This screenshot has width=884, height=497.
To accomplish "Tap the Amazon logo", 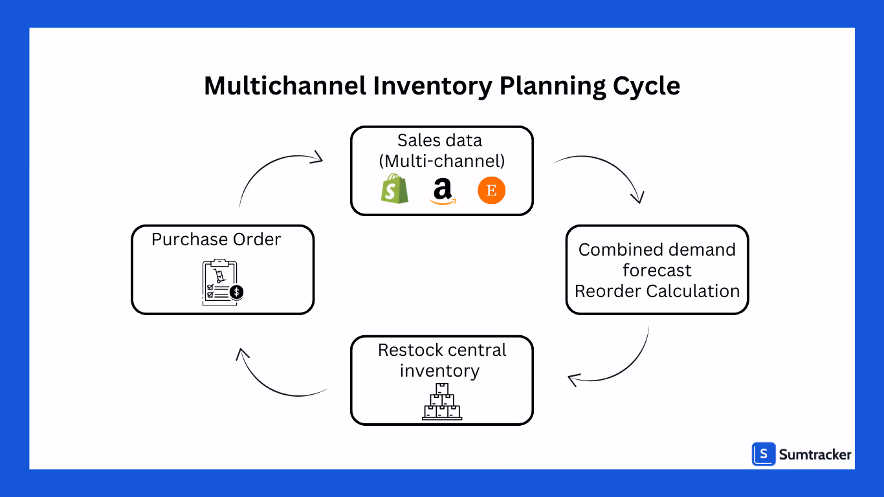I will (x=442, y=192).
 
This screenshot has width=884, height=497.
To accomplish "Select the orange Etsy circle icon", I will (x=491, y=192).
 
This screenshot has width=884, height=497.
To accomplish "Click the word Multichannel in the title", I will (x=285, y=86).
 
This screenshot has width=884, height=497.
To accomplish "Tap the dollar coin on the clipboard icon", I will (x=237, y=293).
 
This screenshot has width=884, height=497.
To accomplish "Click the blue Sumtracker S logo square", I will (x=764, y=454).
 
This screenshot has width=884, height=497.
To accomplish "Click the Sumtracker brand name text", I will (x=815, y=455).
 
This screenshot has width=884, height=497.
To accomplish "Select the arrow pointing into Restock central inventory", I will (x=615, y=366).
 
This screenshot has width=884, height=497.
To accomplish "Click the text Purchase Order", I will (x=216, y=239).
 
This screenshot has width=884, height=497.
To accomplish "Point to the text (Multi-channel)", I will (x=442, y=161).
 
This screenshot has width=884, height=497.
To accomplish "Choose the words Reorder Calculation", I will (x=657, y=291).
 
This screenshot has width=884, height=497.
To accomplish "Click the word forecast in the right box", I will (x=657, y=271).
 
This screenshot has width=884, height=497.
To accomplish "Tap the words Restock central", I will (x=442, y=350).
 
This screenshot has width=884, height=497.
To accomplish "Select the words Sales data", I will (x=439, y=140).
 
